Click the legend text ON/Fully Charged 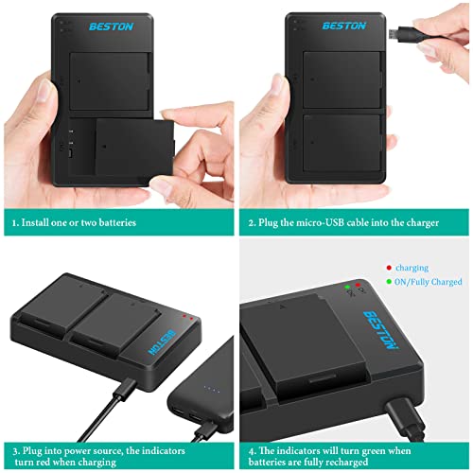(429, 281)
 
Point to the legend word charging (412, 268)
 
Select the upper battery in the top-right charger (342, 75)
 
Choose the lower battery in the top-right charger (342, 142)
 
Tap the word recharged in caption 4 (377, 462)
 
